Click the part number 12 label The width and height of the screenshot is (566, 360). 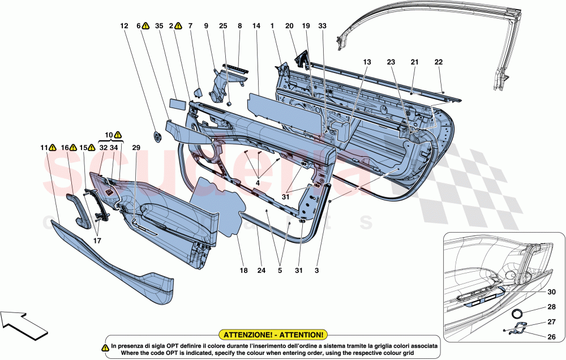coord(124,25)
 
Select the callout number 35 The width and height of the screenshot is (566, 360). coord(159,25)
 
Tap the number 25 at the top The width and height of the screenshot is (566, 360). coord(222,25)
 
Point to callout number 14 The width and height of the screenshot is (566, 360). coord(256,25)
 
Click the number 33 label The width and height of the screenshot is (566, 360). coord(322,25)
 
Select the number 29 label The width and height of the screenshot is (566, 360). coord(136,147)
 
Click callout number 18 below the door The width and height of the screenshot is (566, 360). coord(243,271)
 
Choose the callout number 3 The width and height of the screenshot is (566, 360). coord(316,271)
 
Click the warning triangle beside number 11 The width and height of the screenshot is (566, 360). coord(52,148)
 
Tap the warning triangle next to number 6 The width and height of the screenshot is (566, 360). coord(145,25)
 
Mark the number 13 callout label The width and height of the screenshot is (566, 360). coord(367,62)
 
